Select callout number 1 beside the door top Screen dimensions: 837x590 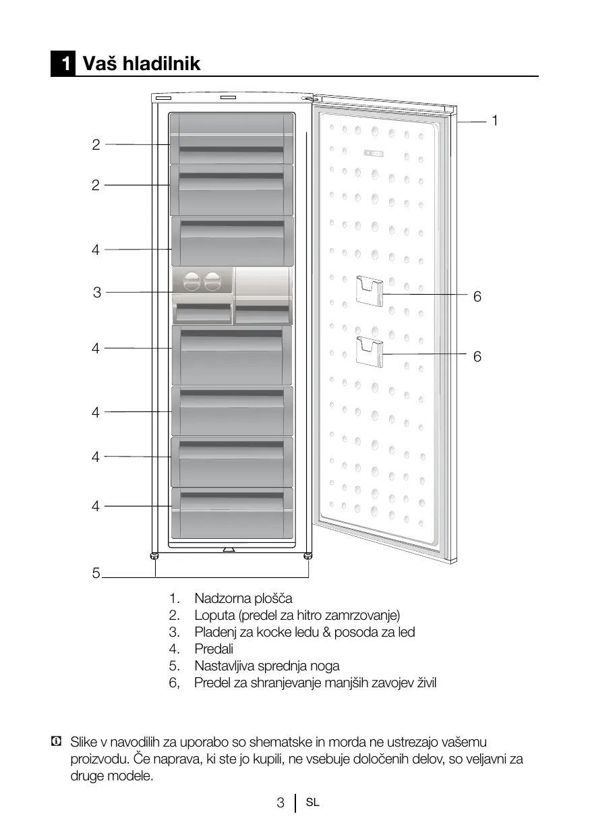pos(494,121)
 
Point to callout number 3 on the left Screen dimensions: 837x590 pos(97,293)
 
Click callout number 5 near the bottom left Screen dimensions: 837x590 pos(96,574)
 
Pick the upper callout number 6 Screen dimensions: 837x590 pos(477,297)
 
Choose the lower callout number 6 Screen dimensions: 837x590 pos(477,357)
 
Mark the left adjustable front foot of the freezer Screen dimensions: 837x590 pos(155,556)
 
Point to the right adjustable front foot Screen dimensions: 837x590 pos(308,556)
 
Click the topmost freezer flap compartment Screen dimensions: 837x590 pos(231,138)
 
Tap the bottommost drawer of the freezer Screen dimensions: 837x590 pos(231,513)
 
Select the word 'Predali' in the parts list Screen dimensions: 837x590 pos(214,650)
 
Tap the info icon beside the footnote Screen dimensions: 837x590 pos(55,742)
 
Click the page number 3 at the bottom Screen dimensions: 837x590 pos(281,803)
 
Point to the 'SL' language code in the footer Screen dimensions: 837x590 pos(312,803)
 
